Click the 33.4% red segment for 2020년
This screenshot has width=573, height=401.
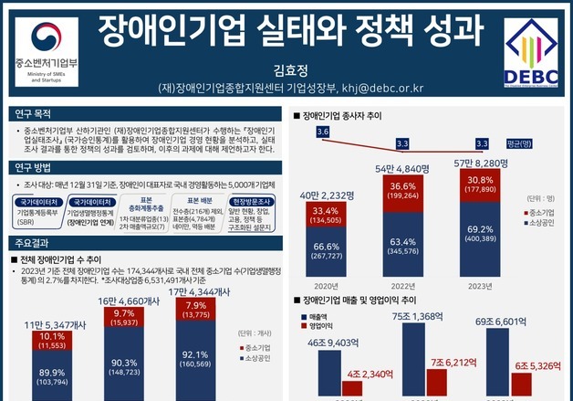click(x=326, y=216)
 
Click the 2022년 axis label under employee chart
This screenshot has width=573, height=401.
click(x=403, y=284)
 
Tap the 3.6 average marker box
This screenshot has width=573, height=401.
click(x=322, y=133)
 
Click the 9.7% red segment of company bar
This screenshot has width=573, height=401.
click(x=125, y=317)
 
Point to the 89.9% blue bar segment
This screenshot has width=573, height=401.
click(x=52, y=377)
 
